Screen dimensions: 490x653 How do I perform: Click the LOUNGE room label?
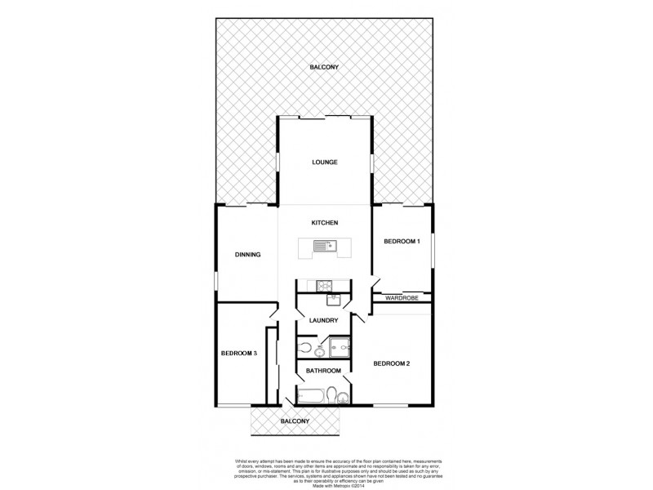324,162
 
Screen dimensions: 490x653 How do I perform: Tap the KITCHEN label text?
324,222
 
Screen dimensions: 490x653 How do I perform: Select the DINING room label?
247,255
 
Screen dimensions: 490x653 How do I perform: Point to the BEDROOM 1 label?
402,241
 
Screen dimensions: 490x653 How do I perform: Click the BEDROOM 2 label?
391,363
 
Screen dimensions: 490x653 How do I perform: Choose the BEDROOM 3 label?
239,353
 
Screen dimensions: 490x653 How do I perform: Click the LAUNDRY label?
323,320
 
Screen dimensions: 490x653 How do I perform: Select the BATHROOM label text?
323,371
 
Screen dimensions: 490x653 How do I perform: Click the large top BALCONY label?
324,67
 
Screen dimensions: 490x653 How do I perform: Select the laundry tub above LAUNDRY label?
333,299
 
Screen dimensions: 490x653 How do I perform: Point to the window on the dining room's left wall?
216,280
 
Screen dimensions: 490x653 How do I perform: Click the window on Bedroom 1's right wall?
433,249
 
